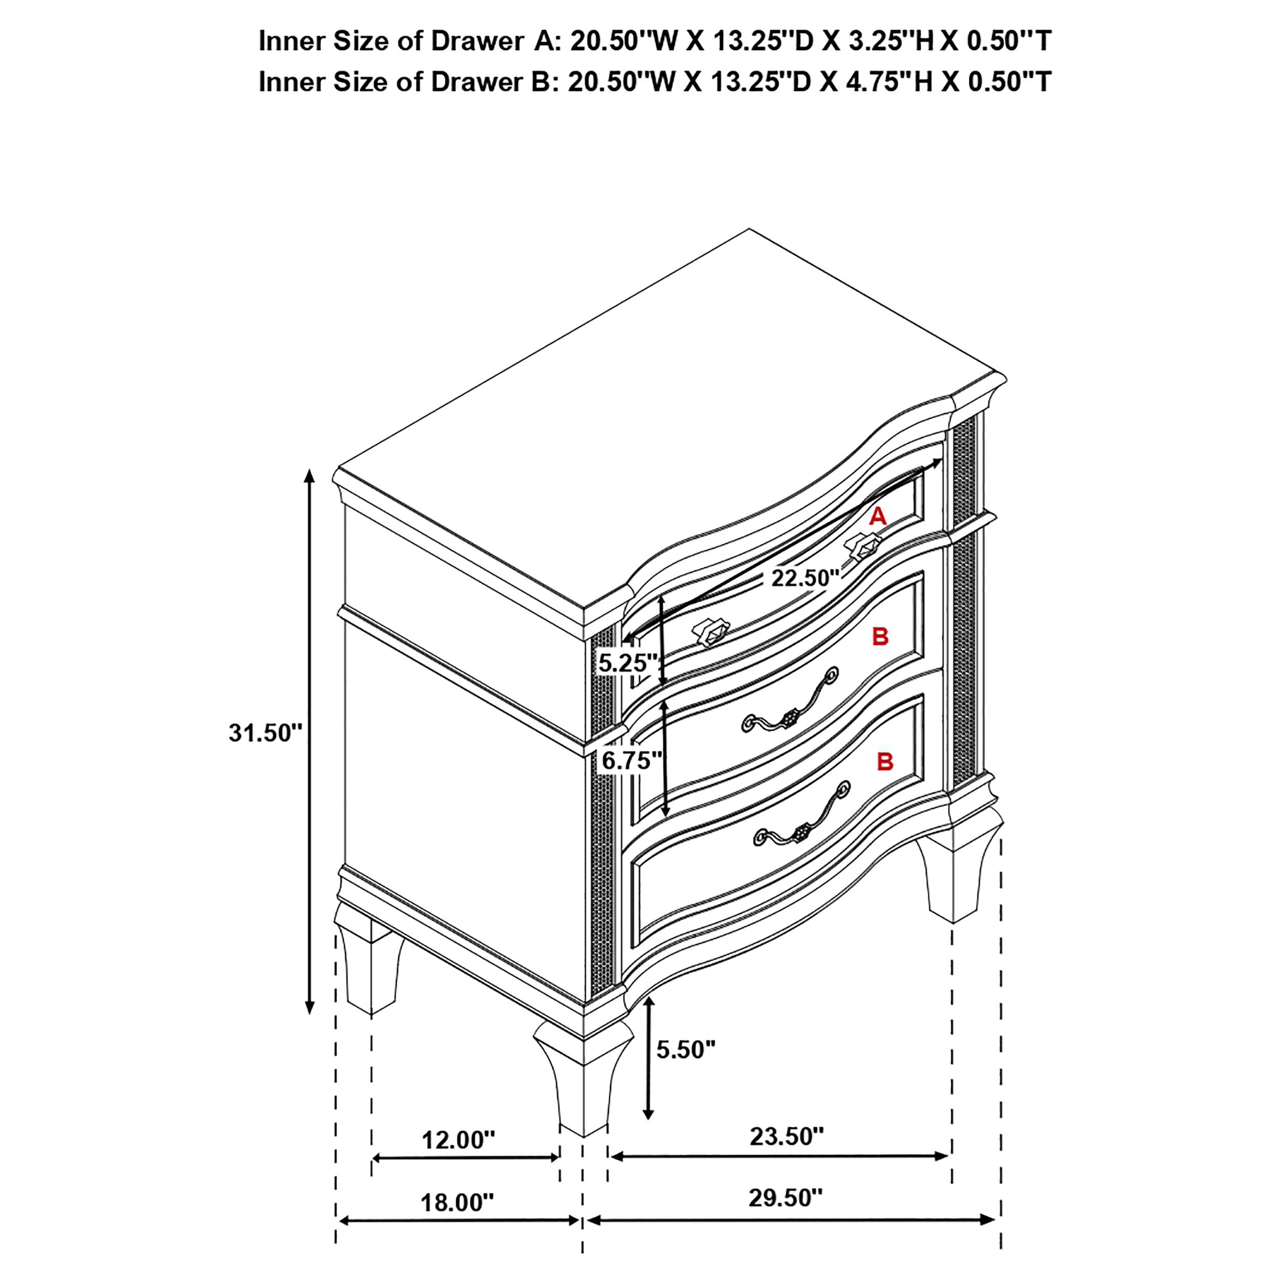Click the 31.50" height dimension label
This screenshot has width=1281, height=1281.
(x=265, y=733)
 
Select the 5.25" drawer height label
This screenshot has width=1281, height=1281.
(x=627, y=662)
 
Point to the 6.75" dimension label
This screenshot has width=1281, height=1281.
(x=631, y=760)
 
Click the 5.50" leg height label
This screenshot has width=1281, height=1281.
(x=686, y=1049)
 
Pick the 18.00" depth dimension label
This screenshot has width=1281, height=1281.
(x=458, y=1221)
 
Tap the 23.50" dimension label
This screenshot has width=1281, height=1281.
(x=787, y=1137)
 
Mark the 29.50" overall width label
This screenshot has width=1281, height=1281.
(x=786, y=1216)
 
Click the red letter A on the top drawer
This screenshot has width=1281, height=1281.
(x=878, y=516)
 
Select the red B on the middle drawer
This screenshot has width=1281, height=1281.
(x=880, y=636)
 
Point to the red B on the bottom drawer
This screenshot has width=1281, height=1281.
(x=885, y=762)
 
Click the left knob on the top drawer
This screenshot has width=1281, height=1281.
(x=711, y=634)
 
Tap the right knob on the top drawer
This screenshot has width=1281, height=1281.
(x=864, y=545)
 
